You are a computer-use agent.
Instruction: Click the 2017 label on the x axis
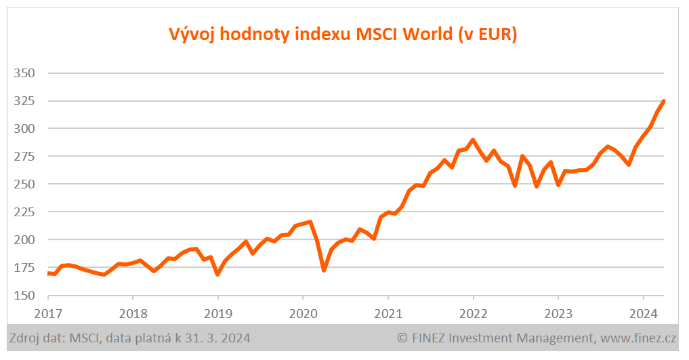(48, 314)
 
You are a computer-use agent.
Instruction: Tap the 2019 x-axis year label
(217, 314)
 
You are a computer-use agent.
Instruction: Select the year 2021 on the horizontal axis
(388, 314)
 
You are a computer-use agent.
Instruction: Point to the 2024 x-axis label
(642, 314)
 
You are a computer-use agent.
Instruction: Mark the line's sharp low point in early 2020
(324, 271)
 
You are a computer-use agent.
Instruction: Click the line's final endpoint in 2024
(663, 101)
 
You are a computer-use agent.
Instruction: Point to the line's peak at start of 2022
(473, 140)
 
